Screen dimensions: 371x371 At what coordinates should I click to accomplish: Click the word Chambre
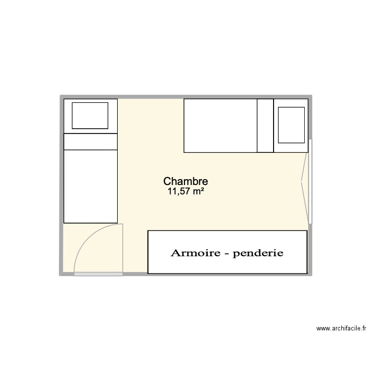click(x=185, y=182)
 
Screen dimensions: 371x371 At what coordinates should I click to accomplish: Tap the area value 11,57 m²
click(x=186, y=191)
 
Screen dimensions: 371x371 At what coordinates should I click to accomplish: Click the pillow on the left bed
click(x=90, y=116)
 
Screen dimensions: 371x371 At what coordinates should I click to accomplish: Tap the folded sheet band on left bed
click(x=91, y=141)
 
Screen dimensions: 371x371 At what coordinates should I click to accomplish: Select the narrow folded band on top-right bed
click(x=265, y=126)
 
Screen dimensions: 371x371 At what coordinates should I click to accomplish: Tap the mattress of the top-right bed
click(x=220, y=126)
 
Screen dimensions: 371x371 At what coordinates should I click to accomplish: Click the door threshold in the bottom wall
click(x=98, y=274)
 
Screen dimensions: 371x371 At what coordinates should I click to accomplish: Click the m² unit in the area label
click(x=197, y=191)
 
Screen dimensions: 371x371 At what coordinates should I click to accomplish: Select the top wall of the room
click(x=186, y=97)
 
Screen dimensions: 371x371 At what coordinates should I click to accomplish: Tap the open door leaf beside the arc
click(x=122, y=247)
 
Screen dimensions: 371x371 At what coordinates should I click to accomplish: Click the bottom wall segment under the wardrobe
click(x=228, y=275)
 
